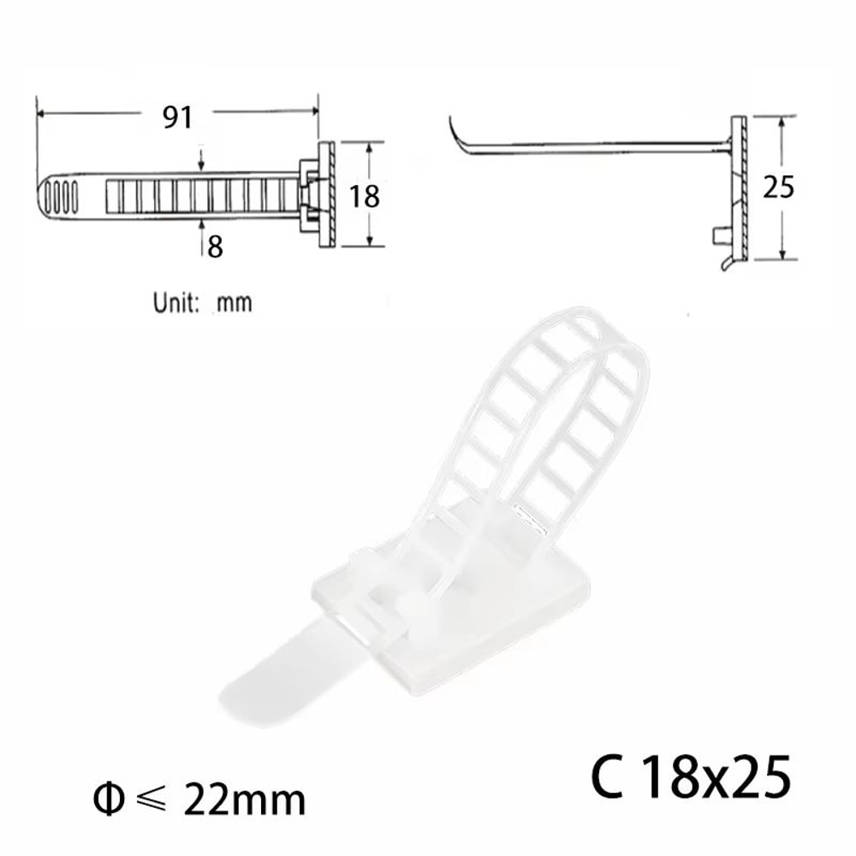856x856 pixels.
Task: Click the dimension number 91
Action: [177, 117]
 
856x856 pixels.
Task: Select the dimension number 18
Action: [365, 196]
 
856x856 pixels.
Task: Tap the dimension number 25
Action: [778, 187]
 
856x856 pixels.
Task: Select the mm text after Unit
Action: [235, 302]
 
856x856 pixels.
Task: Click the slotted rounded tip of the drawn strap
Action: [60, 196]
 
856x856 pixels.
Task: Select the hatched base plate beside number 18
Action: [326, 195]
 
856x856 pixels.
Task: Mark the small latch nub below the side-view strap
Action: [717, 235]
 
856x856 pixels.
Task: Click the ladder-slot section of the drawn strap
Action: [197, 196]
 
